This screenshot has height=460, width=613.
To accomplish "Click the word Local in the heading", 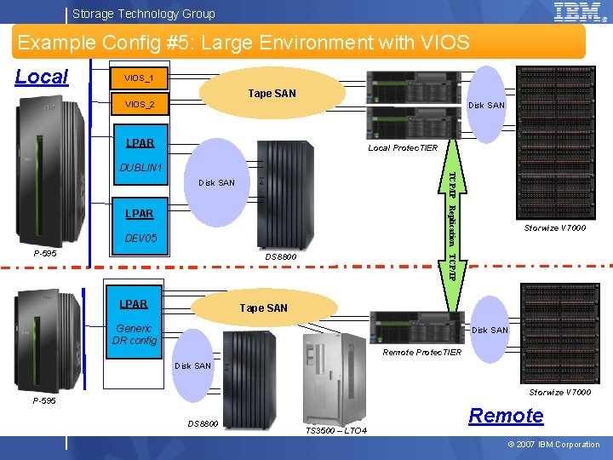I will click(42, 77).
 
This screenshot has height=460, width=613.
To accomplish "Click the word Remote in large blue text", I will click(506, 416).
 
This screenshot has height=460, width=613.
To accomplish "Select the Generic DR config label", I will click(134, 335).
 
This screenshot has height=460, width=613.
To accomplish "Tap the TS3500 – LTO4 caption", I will click(335, 431).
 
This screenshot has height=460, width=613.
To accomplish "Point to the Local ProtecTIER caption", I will click(403, 148).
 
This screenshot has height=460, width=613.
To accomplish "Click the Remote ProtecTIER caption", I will click(422, 353).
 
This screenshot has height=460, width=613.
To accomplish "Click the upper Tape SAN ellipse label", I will click(272, 93).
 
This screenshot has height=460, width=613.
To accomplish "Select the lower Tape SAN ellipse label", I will click(263, 308).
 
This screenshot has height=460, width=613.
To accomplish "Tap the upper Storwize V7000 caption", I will click(555, 227).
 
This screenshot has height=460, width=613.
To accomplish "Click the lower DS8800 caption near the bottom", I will click(203, 424).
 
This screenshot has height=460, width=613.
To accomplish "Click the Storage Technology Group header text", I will click(143, 14).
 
